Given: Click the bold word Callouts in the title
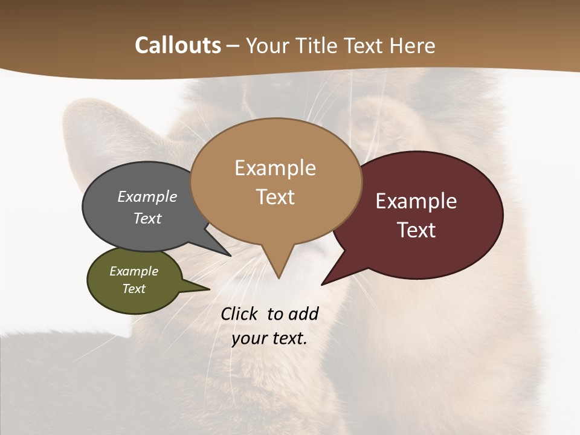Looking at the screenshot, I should (178, 45).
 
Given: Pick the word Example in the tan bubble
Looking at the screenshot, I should (275, 168).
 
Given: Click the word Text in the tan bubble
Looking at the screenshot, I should (275, 197).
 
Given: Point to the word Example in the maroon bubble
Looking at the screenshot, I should (416, 201).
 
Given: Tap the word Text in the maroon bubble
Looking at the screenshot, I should (417, 230).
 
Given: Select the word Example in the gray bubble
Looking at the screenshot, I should (147, 197).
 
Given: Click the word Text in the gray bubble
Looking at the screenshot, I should (147, 218).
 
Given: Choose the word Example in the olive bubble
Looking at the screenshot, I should (134, 271).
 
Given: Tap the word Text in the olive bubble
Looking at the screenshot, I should (134, 289).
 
